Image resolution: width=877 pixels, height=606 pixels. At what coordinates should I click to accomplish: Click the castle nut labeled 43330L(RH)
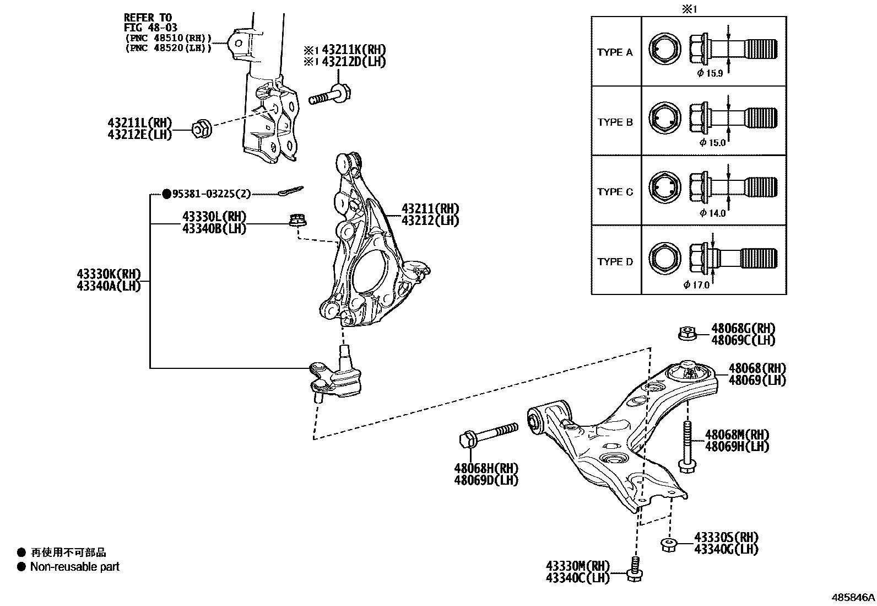(297, 220)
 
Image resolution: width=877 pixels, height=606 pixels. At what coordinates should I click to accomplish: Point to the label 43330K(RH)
(109, 274)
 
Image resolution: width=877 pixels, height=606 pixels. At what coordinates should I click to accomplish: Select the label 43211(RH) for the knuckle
(430, 209)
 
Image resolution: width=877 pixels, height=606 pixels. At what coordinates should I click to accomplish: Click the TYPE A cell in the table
(615, 52)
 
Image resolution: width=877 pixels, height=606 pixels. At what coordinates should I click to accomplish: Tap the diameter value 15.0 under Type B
(716, 143)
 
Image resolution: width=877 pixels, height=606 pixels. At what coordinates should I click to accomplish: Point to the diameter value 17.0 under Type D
(700, 285)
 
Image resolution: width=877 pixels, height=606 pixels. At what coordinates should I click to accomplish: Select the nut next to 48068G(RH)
(686, 333)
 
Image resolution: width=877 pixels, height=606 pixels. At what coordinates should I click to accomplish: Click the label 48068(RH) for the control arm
(757, 368)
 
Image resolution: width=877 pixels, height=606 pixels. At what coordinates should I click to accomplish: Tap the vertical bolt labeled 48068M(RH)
(686, 447)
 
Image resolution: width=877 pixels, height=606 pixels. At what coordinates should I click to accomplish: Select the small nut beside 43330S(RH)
(668, 544)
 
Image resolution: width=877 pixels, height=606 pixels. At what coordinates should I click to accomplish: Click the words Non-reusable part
(75, 566)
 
